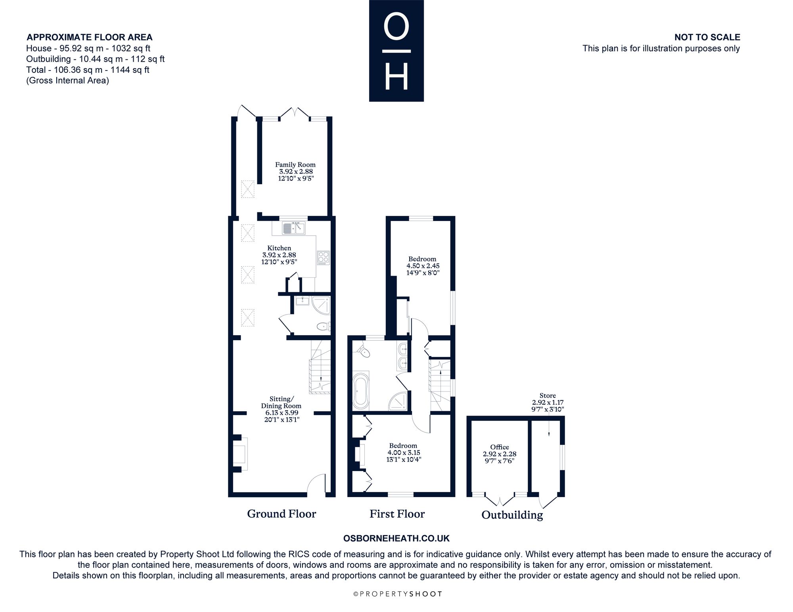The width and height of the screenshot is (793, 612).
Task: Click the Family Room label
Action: [295, 165]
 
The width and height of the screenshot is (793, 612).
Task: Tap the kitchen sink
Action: [294, 228]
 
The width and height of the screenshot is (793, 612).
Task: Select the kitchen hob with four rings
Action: [323, 258]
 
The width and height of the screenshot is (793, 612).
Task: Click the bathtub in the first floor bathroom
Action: [361, 391]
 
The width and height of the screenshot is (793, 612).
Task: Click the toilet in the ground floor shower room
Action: [324, 326]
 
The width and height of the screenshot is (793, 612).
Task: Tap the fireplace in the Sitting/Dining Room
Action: [240, 454]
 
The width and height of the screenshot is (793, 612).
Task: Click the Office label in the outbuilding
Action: [500, 447]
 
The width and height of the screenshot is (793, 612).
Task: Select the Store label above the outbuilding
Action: [548, 395]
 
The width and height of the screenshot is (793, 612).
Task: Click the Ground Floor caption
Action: [282, 514]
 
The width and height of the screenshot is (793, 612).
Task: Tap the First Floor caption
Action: [397, 514]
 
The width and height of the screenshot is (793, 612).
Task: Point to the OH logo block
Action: [396, 51]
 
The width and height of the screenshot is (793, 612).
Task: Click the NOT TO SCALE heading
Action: [707, 37]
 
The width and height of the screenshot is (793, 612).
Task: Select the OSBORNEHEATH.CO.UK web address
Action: [396, 538]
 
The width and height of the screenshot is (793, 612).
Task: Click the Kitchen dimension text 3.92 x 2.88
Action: [279, 255]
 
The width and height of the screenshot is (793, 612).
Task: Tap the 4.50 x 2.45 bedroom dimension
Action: [423, 266]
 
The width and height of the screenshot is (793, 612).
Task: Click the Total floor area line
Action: [88, 70]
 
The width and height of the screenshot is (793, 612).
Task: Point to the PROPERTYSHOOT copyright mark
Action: [397, 594]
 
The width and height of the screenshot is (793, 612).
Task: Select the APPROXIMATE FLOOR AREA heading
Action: [90, 37]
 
